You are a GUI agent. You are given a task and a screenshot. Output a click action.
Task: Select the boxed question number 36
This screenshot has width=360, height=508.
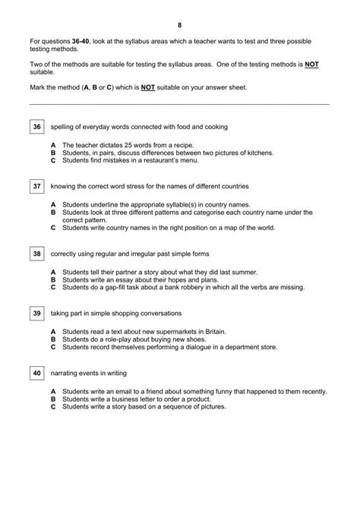coord(37,127)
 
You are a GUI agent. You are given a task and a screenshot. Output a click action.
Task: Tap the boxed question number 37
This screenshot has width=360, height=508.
coord(37,186)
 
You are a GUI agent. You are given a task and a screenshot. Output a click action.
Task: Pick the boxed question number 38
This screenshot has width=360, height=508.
coord(37,253)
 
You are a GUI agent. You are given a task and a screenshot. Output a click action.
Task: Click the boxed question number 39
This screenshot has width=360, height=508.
coord(37,313)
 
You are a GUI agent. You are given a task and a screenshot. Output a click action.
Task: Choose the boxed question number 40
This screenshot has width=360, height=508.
coord(37,373)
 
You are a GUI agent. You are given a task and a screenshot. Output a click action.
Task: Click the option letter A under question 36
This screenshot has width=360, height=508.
coord(53,144)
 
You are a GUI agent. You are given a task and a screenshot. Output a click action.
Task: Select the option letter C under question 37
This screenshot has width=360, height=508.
coord(53,227)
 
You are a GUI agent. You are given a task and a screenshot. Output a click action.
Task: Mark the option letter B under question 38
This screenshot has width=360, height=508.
coord(53,279)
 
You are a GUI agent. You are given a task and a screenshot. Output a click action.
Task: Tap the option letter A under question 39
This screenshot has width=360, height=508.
coord(53,332)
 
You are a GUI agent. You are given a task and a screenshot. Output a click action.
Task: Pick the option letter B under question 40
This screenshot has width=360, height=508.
coord(53,399)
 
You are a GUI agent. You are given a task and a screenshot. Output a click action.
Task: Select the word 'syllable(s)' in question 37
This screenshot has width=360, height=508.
coord(181,204)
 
